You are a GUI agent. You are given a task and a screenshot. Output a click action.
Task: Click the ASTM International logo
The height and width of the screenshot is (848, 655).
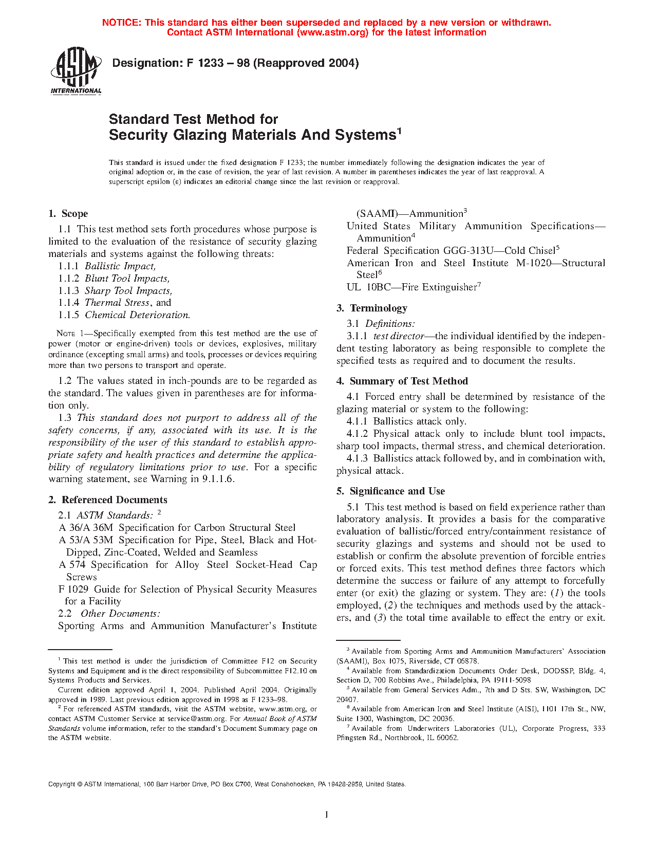tap(76, 71)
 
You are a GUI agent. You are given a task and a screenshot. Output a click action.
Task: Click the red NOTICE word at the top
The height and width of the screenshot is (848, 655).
tap(121, 23)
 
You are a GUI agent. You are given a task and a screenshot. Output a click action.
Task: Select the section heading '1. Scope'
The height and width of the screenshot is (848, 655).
tap(68, 214)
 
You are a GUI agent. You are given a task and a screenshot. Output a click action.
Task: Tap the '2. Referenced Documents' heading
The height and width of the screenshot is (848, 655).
tap(107, 500)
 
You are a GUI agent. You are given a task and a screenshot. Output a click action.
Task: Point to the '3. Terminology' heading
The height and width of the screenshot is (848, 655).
tap(372, 308)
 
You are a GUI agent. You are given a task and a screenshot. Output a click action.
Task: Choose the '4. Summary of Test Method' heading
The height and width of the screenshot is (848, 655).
tap(402, 381)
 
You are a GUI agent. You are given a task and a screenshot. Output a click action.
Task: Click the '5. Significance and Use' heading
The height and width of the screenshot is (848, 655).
tap(390, 491)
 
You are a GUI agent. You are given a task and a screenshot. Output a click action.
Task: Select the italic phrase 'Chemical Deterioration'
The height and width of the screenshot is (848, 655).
tap(137, 315)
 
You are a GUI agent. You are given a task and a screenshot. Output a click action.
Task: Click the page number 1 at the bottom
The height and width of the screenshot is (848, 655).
tap(327, 814)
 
